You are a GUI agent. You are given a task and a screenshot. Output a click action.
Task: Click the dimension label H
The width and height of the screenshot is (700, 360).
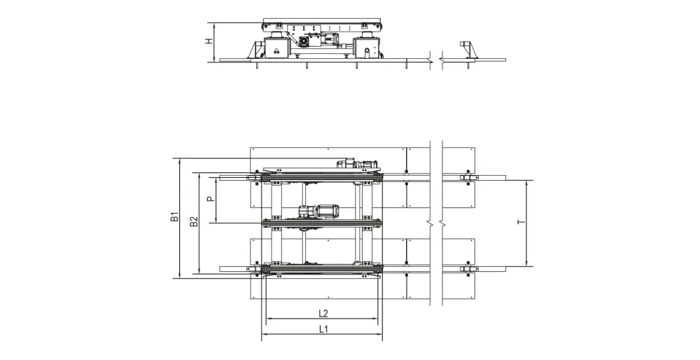click(209, 41)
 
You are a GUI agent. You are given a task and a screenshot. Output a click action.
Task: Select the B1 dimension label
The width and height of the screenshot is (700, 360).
click(175, 218)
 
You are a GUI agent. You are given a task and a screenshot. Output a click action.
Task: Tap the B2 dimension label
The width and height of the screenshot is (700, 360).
click(194, 221)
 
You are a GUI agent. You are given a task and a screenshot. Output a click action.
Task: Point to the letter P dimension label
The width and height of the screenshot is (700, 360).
click(211, 198)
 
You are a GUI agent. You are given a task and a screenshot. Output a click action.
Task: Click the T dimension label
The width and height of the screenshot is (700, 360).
click(521, 222)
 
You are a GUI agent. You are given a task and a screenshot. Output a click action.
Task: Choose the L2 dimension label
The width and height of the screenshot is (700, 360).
click(323, 314)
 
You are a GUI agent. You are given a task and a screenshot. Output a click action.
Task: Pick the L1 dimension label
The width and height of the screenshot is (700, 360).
click(323, 330)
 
